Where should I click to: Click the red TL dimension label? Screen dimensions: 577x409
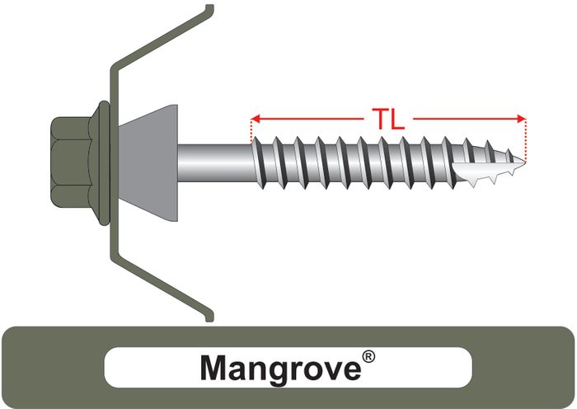tap(388, 119)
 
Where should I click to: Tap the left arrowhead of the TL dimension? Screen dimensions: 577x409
tap(256, 119)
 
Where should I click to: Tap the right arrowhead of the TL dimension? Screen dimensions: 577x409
tap(522, 119)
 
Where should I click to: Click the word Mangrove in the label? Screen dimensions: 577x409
tap(281, 368)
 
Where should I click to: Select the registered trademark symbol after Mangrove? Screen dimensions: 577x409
tap(368, 357)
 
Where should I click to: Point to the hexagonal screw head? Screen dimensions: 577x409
tap(72, 161)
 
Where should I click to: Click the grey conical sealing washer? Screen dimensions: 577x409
tap(148, 162)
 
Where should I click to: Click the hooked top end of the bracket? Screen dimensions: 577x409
tap(209, 8)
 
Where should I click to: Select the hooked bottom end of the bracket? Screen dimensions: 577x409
tap(209, 317)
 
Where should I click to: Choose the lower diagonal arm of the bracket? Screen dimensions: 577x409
tap(162, 287)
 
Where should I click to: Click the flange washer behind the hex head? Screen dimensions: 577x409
tap(103, 162)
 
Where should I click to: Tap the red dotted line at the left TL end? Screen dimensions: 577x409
tap(251, 130)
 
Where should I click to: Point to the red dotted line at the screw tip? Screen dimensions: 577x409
tap(526, 140)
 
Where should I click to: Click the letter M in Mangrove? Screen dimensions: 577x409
tap(214, 368)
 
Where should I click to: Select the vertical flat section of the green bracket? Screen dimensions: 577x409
tap(114, 162)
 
